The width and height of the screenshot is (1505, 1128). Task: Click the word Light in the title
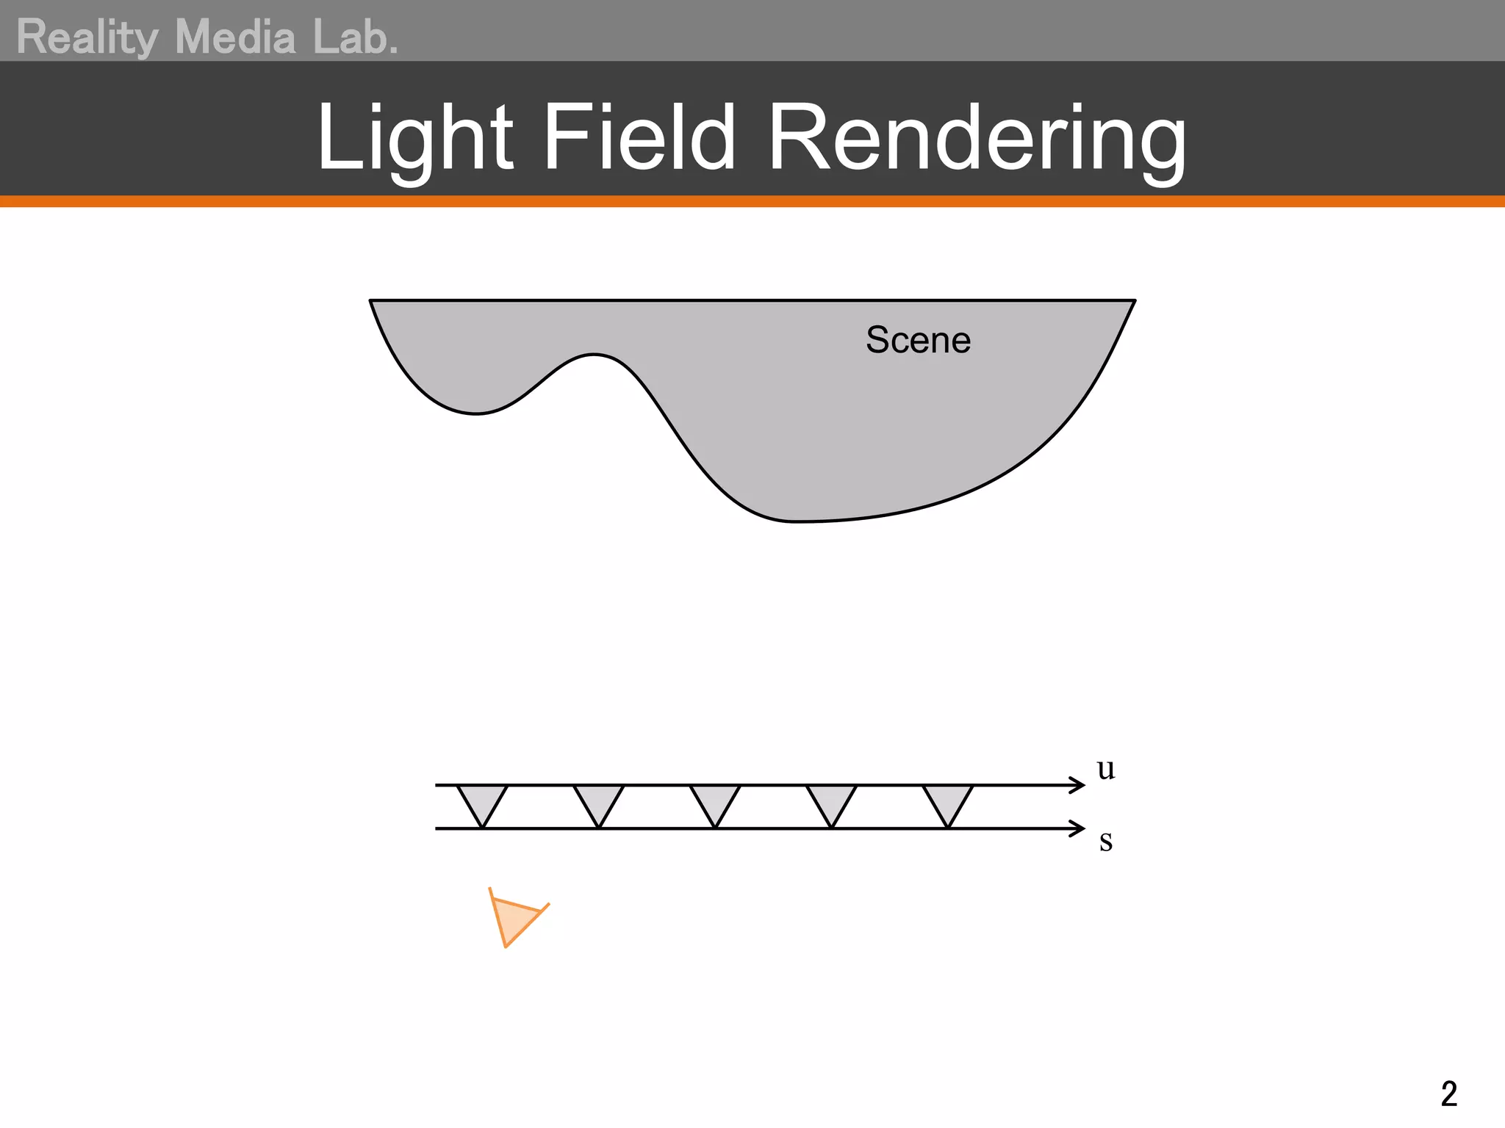point(414,138)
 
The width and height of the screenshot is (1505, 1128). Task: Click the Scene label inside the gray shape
point(918,340)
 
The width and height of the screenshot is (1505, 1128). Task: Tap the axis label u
point(1105,769)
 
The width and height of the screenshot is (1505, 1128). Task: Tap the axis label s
point(1105,841)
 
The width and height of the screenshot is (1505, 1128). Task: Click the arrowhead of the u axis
point(1079,785)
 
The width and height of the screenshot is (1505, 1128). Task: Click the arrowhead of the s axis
point(1079,828)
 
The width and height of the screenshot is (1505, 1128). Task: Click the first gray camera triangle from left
point(482,800)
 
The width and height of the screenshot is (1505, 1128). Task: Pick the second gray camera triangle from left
point(599,800)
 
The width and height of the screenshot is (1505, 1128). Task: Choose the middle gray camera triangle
point(715,800)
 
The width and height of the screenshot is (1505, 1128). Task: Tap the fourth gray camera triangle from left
point(831,800)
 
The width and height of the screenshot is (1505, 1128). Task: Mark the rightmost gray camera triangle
point(948,800)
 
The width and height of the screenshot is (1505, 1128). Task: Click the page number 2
point(1448,1094)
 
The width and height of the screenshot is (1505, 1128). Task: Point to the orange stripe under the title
point(752,201)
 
